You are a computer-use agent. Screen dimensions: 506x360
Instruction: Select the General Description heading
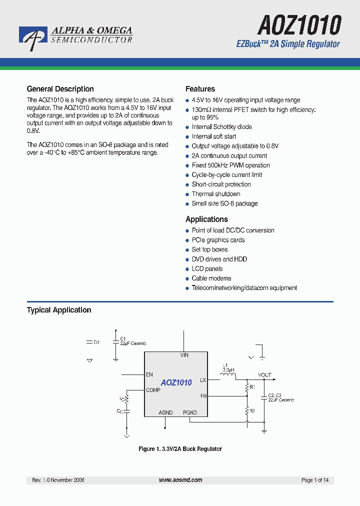[60, 89]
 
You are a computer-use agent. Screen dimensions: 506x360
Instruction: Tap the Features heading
[200, 89]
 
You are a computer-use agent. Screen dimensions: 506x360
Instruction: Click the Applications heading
[206, 219]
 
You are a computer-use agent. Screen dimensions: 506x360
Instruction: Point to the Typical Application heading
[59, 310]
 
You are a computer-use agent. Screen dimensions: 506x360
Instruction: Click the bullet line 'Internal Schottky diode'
[221, 127]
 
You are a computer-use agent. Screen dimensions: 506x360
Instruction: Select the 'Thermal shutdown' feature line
[215, 194]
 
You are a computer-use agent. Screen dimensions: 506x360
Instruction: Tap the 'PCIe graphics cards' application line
[218, 240]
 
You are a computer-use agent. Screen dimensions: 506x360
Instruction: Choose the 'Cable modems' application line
[211, 278]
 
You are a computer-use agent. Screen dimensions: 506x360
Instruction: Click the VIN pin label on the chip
[184, 355]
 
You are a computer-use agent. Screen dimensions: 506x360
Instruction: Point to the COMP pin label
[153, 390]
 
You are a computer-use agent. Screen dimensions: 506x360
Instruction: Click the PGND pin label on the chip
[189, 412]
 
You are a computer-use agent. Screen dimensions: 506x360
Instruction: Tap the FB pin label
[203, 395]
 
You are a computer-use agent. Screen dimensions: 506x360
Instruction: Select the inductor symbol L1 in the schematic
[228, 375]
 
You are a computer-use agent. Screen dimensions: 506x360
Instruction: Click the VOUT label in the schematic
[264, 375]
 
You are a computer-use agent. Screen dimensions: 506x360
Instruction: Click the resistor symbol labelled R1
[246, 387]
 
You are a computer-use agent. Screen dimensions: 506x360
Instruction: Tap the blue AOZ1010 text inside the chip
[176, 382]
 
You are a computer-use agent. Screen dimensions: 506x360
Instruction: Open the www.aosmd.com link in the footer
[180, 480]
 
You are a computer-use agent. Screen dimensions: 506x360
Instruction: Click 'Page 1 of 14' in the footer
[315, 480]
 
